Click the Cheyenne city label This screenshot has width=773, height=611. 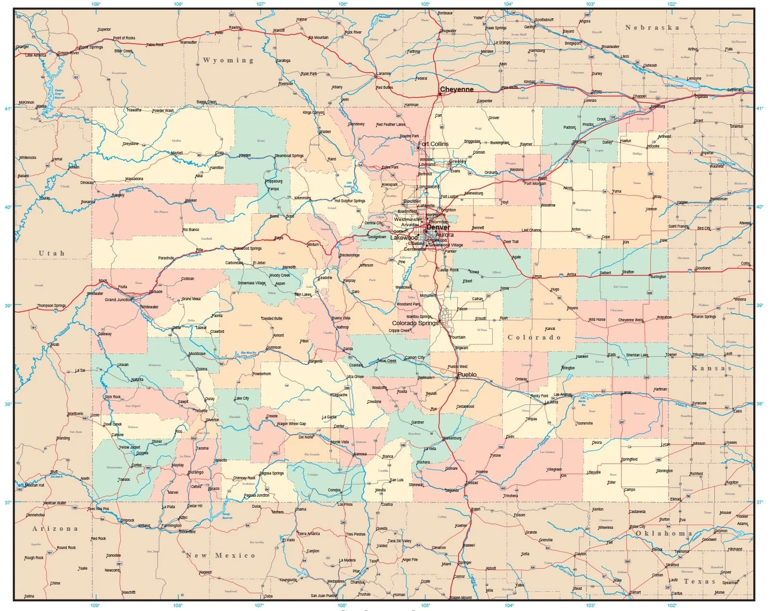point(457,89)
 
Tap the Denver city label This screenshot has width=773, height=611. point(438,227)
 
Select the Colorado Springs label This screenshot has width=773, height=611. point(415,323)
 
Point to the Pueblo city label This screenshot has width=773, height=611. point(467,374)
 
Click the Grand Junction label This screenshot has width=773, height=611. point(118,300)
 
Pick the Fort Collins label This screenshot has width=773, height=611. point(433,144)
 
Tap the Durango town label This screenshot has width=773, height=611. point(196,472)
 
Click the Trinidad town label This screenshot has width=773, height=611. point(472,483)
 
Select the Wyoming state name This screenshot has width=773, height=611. point(228,61)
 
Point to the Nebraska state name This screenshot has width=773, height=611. point(652,28)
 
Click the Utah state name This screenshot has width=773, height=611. point(51,253)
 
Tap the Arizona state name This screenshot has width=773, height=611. point(55,528)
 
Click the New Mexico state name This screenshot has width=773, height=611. point(221,555)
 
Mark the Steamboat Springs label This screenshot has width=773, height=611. point(289,156)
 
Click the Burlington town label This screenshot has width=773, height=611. point(658,277)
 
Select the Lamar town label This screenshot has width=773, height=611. point(626,393)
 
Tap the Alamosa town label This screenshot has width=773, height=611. point(360,454)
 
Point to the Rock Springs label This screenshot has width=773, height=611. point(91,47)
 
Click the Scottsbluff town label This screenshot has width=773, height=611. point(544,20)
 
